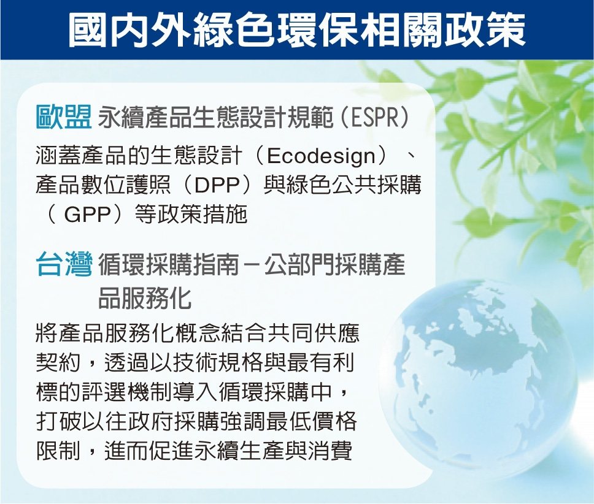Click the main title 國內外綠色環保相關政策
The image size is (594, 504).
pyautogui.click(x=297, y=30)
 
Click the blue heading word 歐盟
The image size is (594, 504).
pyautogui.click(x=64, y=117)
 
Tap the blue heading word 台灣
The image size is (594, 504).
pyautogui.click(x=64, y=264)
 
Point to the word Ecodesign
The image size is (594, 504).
pyautogui.click(x=322, y=156)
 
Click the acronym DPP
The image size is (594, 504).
pyautogui.click(x=217, y=185)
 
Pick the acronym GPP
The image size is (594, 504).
pyautogui.click(x=87, y=215)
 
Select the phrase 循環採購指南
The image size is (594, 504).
pyautogui.click(x=169, y=265)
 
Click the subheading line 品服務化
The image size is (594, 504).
pyautogui.click(x=145, y=298)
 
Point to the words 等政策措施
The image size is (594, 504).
pyautogui.click(x=191, y=215)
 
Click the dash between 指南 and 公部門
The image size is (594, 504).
pyautogui.click(x=252, y=266)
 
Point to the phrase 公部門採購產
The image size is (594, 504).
pyautogui.click(x=335, y=265)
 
